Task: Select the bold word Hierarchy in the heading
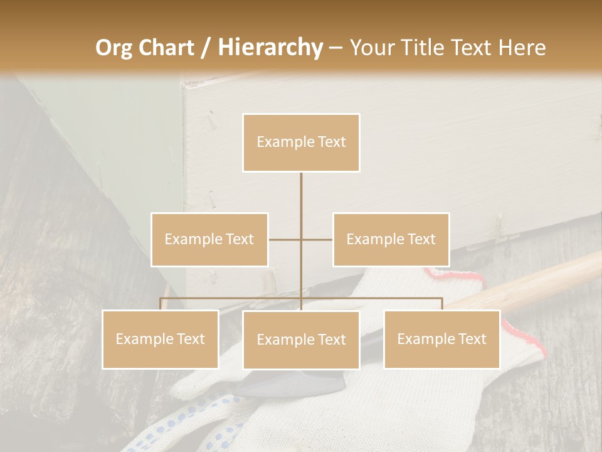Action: coord(270,48)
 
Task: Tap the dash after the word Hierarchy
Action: coord(335,48)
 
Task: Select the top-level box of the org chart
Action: coord(301,143)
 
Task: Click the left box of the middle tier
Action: coord(209,239)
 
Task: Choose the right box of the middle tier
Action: coord(391,239)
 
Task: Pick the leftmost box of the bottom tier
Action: coord(160,339)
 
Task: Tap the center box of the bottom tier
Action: coord(301,340)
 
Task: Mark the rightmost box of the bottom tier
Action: coord(441,339)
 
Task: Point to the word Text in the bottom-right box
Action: coord(472,339)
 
